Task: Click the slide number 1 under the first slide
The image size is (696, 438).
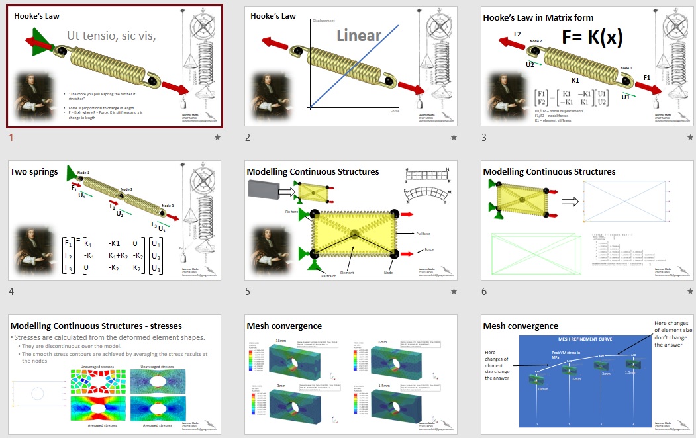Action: (12, 138)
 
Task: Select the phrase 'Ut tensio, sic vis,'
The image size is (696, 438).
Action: (111, 36)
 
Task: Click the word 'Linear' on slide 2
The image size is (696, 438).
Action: (358, 36)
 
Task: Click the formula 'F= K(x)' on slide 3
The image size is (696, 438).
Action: (592, 37)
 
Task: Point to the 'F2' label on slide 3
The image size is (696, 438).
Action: (517, 34)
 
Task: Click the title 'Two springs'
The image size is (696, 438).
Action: (34, 171)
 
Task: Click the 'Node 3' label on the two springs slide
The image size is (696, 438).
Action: (168, 206)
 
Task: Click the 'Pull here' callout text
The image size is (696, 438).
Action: (424, 234)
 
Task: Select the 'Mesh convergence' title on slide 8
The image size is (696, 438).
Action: (284, 326)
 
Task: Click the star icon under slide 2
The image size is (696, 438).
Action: (454, 138)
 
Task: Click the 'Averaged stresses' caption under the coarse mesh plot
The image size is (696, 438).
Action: (97, 425)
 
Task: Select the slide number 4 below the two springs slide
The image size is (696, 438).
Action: (12, 292)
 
